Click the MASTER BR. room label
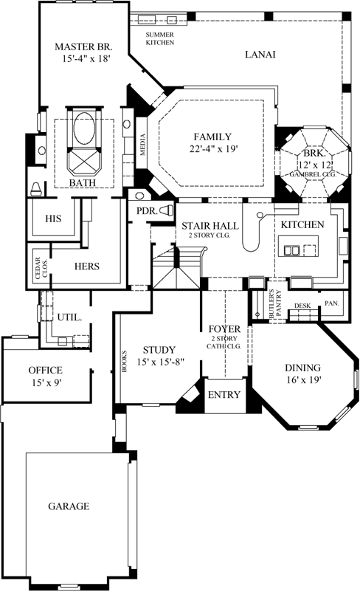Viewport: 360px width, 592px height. [83, 47]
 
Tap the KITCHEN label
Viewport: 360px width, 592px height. [302, 224]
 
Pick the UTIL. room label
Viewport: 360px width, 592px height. [69, 317]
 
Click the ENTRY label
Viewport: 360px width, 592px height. [224, 395]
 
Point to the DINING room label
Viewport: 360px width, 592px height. [303, 367]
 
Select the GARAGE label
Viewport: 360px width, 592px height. [69, 506]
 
